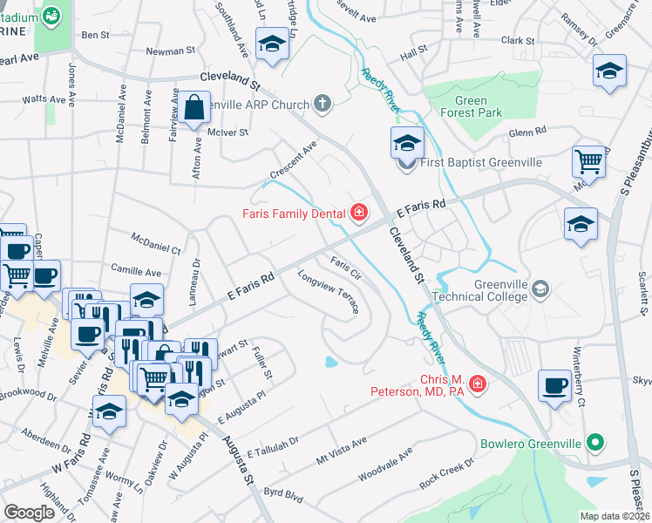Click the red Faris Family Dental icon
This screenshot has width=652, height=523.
pyautogui.click(x=357, y=212)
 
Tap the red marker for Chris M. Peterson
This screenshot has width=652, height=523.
pyautogui.click(x=478, y=383)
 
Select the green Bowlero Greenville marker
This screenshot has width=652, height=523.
pyautogui.click(x=595, y=443)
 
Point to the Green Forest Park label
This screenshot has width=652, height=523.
pyautogui.click(x=471, y=106)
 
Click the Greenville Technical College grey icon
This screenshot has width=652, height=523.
pyautogui.click(x=540, y=289)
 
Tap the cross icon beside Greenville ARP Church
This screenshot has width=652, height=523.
pyautogui.click(x=323, y=105)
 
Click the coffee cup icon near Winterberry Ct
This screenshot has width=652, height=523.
pyautogui.click(x=554, y=386)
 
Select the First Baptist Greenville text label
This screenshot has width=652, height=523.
pyautogui.click(x=481, y=163)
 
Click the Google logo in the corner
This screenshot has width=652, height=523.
pyautogui.click(x=29, y=513)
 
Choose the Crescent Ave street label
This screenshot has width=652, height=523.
pyautogui.click(x=293, y=160)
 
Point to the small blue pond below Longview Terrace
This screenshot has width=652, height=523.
pyautogui.click(x=330, y=362)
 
